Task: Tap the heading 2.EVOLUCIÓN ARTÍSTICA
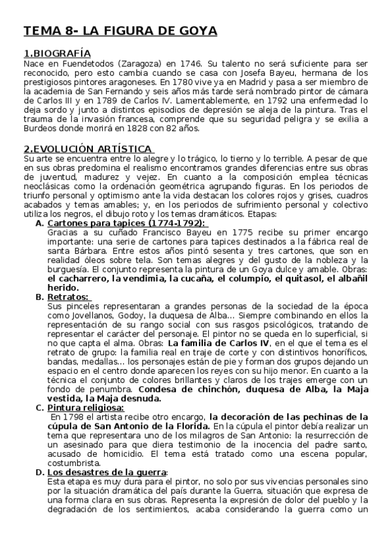pos(88,149)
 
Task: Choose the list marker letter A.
pos(39,223)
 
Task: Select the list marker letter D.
pos(40,472)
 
